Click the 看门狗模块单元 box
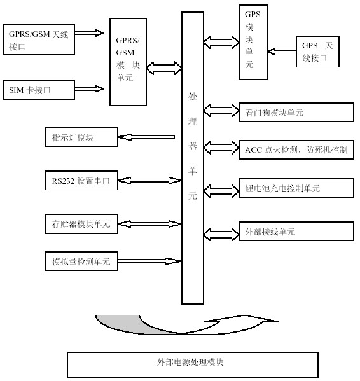tap(294, 113)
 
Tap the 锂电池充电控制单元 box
tap(294, 188)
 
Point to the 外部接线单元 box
tap(294, 232)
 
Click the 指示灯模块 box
tap(81, 137)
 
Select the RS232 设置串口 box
tap(81, 181)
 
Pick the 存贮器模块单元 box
tap(81, 223)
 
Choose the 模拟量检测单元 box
tap(81, 261)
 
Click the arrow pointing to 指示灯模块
tap(148, 136)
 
